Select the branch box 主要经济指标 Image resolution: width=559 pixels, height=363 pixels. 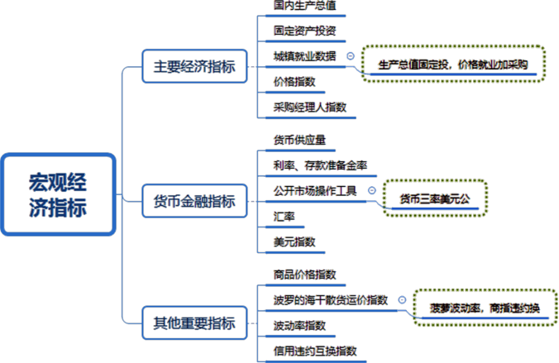(194, 67)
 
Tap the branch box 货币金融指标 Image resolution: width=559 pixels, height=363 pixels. (194, 201)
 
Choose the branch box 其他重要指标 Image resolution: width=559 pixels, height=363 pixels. (194, 322)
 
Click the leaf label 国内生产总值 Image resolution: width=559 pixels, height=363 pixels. (304, 5)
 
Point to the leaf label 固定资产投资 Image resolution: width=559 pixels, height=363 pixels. (304, 31)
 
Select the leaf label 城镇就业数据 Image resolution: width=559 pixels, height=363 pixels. (304, 56)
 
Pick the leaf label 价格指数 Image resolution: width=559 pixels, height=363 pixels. (294, 82)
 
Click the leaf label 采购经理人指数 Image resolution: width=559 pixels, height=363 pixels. (310, 107)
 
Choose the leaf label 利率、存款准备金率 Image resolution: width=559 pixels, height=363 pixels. (321, 165)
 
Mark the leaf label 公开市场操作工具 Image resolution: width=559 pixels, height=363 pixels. (315, 191)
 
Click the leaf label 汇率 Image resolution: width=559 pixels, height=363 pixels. (284, 217)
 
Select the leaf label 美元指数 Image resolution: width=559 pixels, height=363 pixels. (294, 242)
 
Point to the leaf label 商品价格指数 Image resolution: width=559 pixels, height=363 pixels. (304, 274)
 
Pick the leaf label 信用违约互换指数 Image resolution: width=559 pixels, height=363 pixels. (315, 351)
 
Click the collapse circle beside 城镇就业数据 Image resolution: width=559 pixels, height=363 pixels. (351, 56)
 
